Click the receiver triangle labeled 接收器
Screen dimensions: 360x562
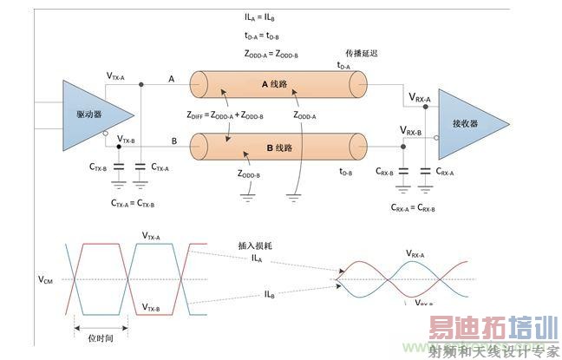coord(474,123)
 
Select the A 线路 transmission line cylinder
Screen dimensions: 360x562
coord(277,87)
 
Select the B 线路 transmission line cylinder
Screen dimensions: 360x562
coord(277,147)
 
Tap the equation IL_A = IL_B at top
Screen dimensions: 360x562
coord(261,17)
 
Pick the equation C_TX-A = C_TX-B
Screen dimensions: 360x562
coord(132,204)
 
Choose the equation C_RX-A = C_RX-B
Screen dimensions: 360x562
coord(413,208)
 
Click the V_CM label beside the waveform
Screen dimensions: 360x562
coord(47,279)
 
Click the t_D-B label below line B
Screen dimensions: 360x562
coord(345,172)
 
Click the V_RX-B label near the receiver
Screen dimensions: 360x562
coord(411,131)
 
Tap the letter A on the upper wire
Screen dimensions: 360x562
coord(172,79)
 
